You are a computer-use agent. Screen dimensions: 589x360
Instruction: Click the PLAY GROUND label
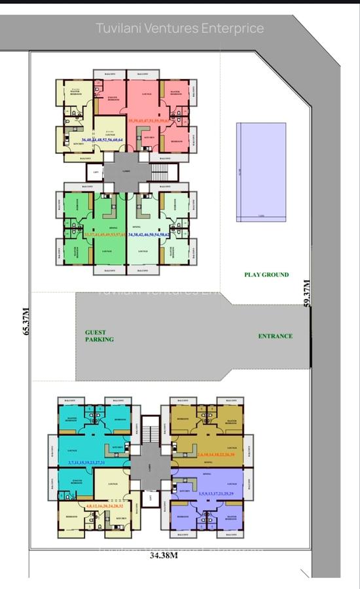pos(266,275)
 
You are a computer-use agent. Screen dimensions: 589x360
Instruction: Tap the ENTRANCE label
pos(274,336)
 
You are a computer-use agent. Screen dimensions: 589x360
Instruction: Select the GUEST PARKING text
pos(99,336)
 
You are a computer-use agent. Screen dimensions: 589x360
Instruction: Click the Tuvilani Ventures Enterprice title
pos(180,28)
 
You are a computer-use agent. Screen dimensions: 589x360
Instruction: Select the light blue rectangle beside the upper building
pos(261,171)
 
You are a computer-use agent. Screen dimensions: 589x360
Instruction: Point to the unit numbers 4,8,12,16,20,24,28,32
pos(105,506)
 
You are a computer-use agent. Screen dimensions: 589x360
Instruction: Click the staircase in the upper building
pos(160,172)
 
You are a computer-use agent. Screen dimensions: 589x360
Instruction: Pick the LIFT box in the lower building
pos(151,497)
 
